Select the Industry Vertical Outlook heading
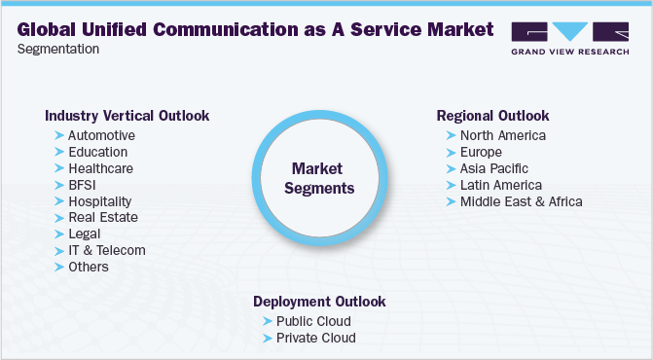(x=127, y=116)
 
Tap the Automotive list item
(x=101, y=135)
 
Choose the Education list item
(x=97, y=152)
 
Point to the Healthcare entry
(x=100, y=168)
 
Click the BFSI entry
(x=83, y=185)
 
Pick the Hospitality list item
(x=100, y=201)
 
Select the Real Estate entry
(x=103, y=217)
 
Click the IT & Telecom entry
(x=107, y=250)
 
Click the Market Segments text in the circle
(x=319, y=178)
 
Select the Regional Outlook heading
(x=493, y=116)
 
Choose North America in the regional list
(x=503, y=135)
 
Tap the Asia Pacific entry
(x=493, y=168)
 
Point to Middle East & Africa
(x=522, y=201)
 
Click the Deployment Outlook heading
(x=319, y=302)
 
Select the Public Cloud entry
(x=313, y=321)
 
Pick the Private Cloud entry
(x=316, y=338)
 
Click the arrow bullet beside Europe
(x=451, y=152)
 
